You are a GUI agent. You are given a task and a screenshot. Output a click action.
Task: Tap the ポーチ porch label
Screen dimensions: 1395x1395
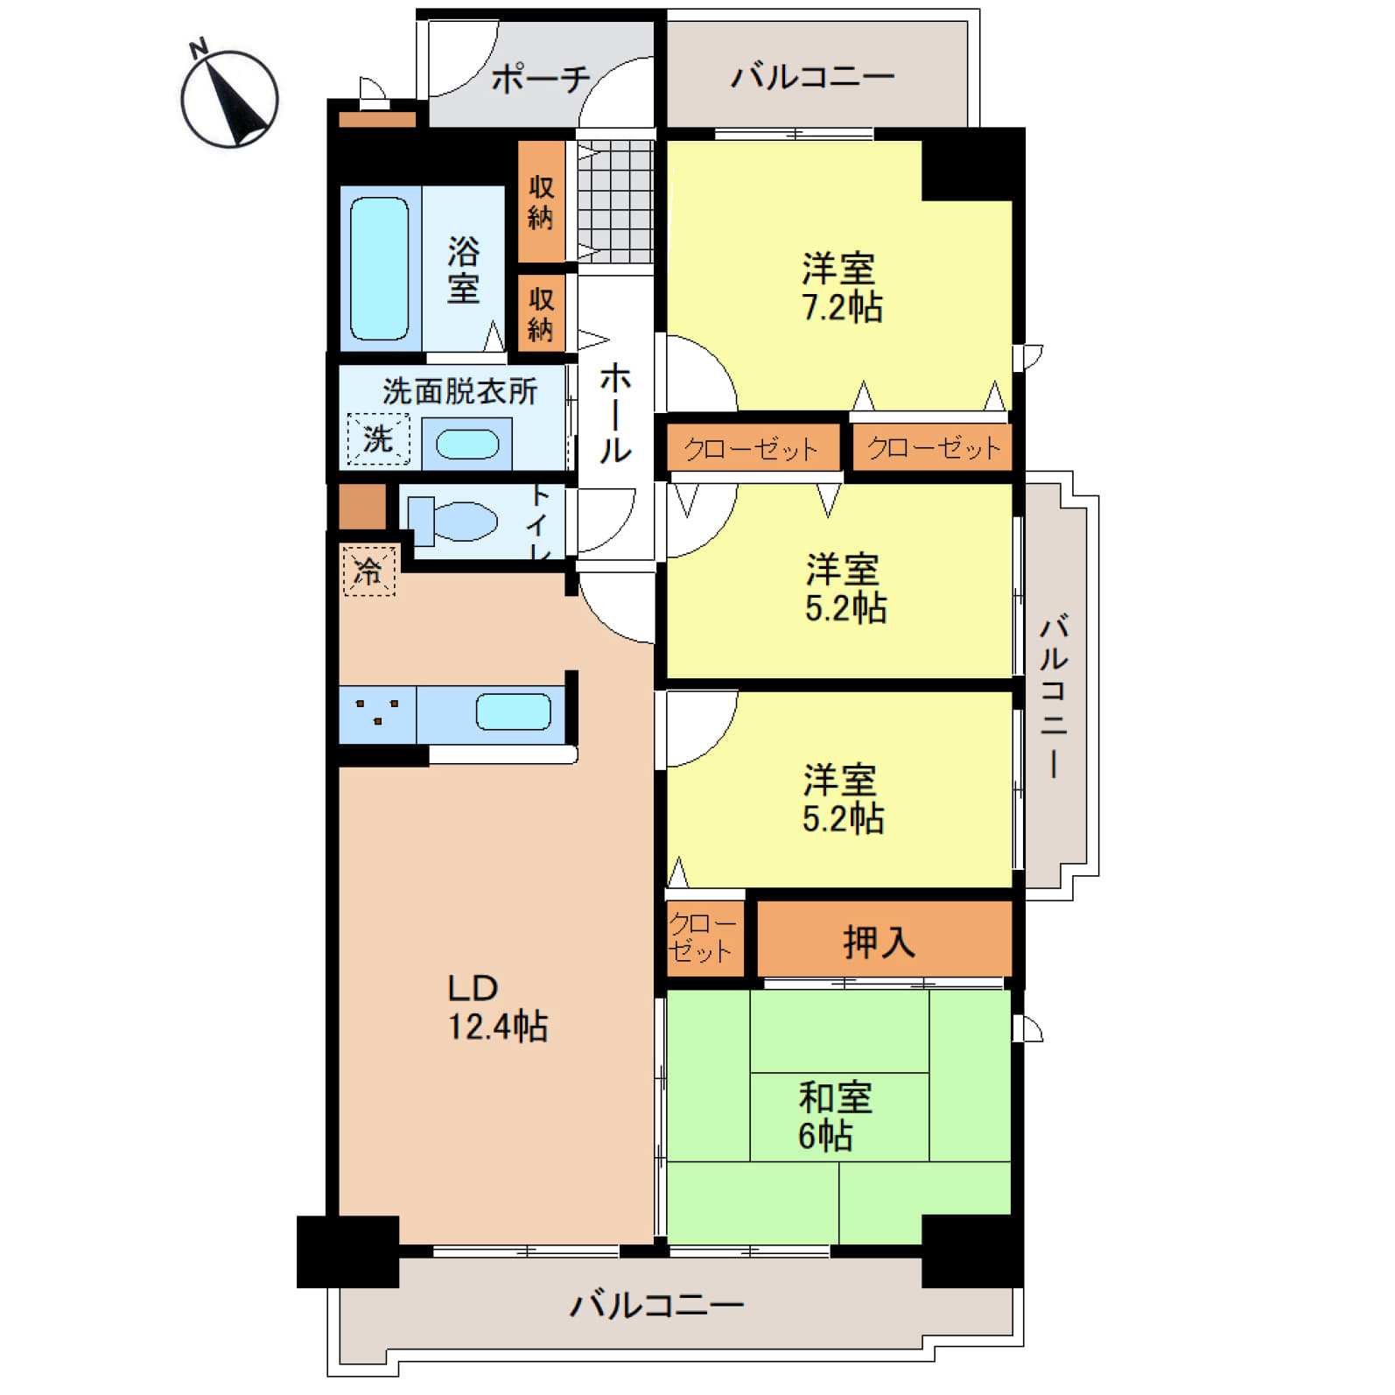(x=541, y=79)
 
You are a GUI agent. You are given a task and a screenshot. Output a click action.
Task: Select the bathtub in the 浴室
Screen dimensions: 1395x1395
(x=379, y=268)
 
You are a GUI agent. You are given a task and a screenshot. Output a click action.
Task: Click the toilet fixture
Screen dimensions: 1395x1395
(x=452, y=522)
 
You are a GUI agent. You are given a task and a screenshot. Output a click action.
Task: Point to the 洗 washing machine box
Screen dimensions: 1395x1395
(x=378, y=438)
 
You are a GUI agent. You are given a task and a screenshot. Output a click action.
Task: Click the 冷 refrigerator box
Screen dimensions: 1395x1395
(x=369, y=571)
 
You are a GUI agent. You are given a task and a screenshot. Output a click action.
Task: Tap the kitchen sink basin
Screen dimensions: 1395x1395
(x=513, y=712)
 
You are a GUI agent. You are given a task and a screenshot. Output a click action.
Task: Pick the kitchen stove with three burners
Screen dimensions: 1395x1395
(x=378, y=715)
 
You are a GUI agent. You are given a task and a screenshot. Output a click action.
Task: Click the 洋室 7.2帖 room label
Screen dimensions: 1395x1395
(x=842, y=287)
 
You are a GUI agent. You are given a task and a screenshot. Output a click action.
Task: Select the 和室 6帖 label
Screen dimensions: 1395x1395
(x=834, y=1116)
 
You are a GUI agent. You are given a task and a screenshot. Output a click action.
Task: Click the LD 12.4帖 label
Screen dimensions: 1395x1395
(x=497, y=1007)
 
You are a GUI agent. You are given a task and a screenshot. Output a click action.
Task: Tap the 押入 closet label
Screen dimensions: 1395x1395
(x=879, y=942)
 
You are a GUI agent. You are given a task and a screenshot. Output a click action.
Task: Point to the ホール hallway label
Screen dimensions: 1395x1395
(x=614, y=412)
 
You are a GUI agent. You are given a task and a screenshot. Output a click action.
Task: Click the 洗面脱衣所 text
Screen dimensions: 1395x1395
(x=459, y=390)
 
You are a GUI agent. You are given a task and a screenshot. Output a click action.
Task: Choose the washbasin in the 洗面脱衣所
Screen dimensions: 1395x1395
(x=467, y=444)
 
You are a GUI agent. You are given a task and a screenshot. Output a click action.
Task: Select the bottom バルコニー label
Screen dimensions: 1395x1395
(x=656, y=1305)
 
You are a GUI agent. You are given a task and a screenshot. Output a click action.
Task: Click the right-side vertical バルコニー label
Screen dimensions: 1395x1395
(x=1054, y=697)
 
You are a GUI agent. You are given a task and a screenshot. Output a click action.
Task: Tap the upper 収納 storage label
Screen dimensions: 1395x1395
(x=541, y=201)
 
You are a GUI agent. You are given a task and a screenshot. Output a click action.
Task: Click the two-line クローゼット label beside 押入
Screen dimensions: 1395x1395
(x=702, y=937)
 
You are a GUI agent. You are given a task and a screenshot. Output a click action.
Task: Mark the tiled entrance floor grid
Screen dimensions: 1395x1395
(x=615, y=201)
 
